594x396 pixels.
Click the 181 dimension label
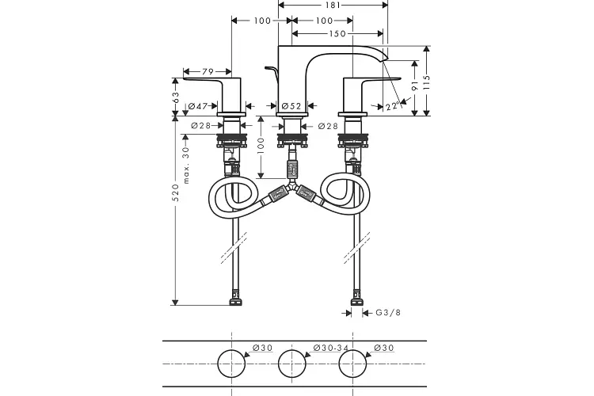coord(332,5)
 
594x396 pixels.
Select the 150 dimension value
coord(337,34)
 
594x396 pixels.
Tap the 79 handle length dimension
coord(208,71)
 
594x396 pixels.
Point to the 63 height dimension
coord(175,97)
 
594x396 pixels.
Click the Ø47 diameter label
coord(198,106)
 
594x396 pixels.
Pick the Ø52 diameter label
coord(291,106)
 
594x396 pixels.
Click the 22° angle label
coord(394,105)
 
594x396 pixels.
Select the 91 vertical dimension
coord(415,86)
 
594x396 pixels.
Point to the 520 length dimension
coord(175,192)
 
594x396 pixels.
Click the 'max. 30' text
coord(185,166)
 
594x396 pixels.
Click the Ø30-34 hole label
coord(331,348)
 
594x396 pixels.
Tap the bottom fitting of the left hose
coord(235,299)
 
